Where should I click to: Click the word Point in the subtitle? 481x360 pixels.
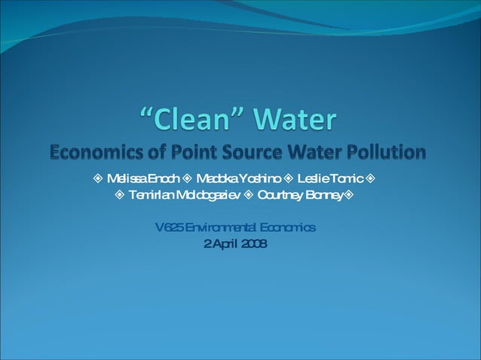point(185,153)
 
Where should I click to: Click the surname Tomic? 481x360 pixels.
point(348,179)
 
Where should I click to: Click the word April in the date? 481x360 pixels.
point(225,243)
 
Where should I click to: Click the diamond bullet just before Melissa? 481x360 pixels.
point(99,179)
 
